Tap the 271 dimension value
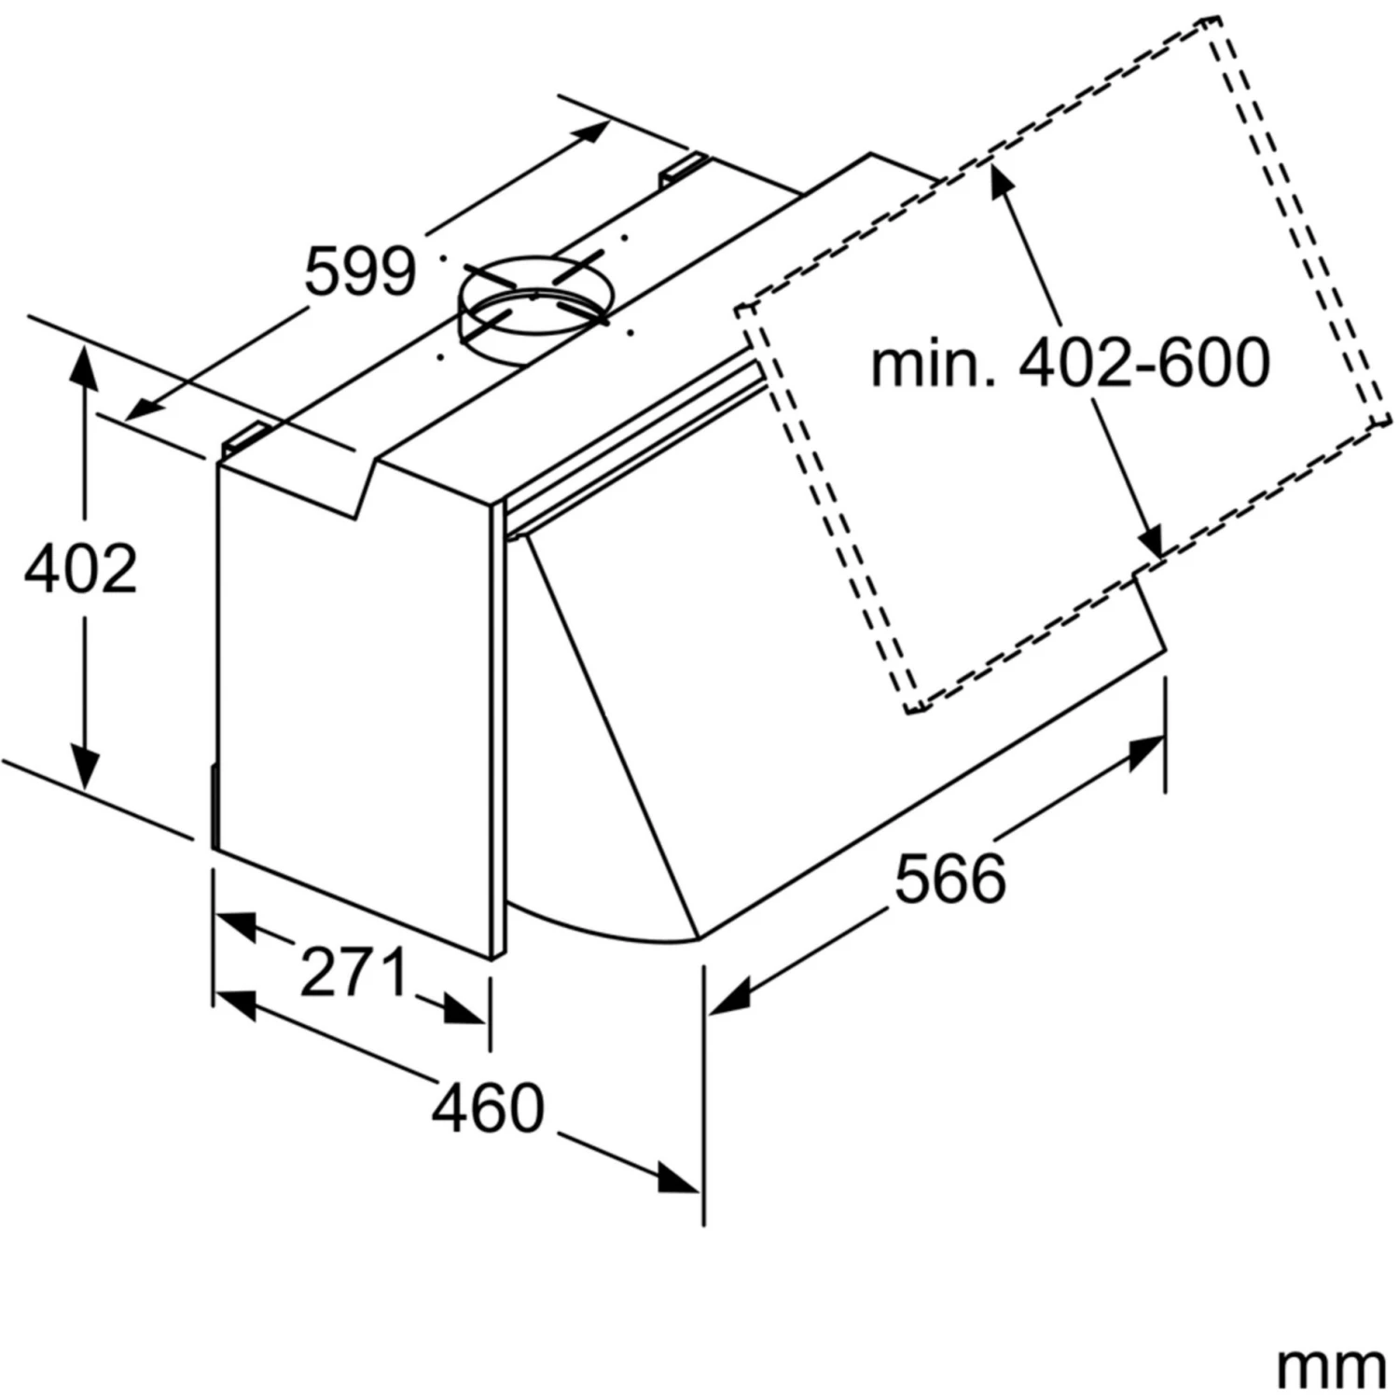click(354, 972)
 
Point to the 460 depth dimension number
click(488, 1108)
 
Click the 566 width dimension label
click(950, 879)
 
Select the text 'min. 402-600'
click(1070, 363)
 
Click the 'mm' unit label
click(1331, 1367)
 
